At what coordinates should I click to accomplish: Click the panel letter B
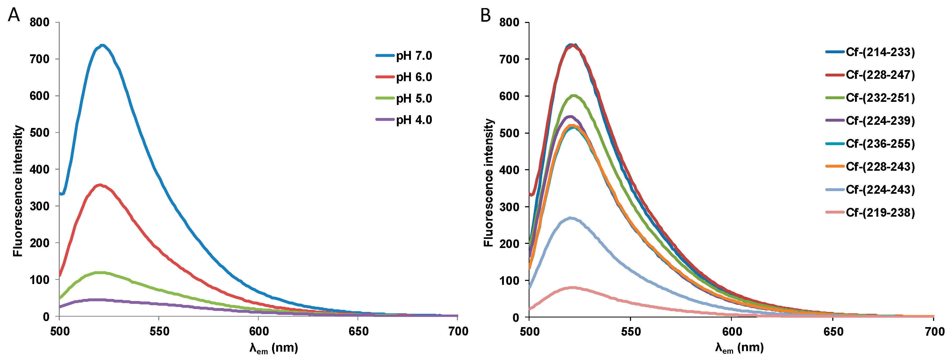click(486, 15)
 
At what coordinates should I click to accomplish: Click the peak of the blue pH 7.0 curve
click(102, 45)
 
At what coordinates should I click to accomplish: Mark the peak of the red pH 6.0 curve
click(100, 185)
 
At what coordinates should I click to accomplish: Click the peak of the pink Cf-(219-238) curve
click(572, 287)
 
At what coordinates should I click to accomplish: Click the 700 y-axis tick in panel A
click(39, 59)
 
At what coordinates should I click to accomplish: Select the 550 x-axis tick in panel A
click(159, 331)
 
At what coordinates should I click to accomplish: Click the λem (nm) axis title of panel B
click(739, 348)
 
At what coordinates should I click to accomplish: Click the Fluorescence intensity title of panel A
click(18, 191)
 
